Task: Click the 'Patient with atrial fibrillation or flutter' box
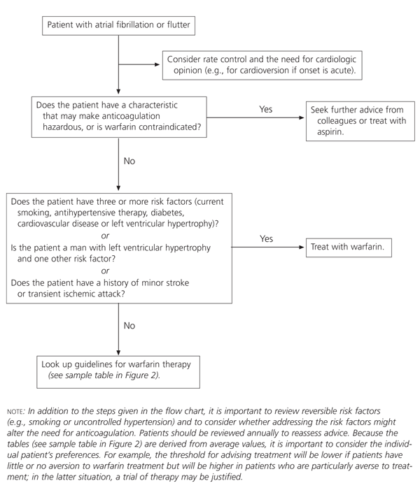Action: click(118, 26)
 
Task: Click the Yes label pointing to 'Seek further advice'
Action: click(265, 110)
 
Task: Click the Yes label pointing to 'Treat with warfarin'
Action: click(266, 238)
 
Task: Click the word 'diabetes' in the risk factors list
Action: click(188, 212)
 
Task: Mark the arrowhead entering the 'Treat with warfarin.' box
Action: click(301, 248)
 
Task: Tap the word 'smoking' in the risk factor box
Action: click(29, 212)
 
